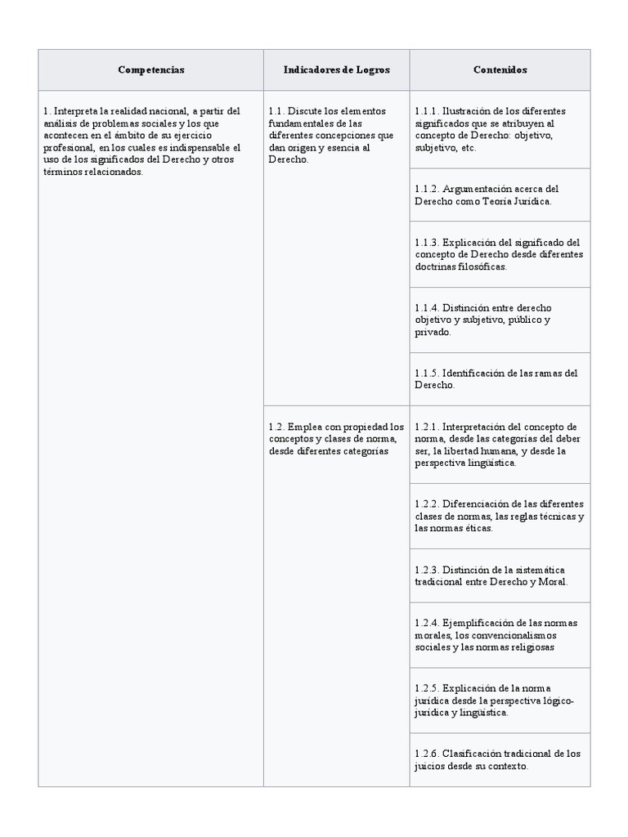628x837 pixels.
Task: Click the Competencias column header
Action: click(150, 70)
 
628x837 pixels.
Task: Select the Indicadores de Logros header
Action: click(336, 70)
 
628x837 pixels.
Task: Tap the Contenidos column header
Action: click(500, 70)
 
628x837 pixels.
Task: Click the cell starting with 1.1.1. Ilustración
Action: click(500, 129)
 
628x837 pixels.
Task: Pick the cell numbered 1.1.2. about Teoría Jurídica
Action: click(500, 195)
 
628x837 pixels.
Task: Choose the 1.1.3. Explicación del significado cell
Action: click(500, 254)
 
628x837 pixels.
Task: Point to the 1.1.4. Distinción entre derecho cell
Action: click(500, 320)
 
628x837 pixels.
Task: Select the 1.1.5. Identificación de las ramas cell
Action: click(500, 378)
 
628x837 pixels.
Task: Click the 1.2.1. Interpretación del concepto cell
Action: click(500, 444)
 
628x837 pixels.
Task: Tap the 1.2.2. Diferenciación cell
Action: click(500, 515)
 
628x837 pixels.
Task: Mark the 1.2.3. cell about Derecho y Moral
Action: click(500, 575)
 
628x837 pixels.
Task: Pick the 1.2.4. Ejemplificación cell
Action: click(500, 634)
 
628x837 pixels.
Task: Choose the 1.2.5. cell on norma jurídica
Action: click(500, 700)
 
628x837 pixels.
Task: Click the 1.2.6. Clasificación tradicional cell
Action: click(500, 759)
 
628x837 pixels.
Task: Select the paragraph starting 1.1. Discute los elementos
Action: click(331, 135)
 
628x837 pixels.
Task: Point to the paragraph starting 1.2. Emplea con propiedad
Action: click(336, 438)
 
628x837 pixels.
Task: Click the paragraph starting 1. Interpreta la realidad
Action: click(142, 141)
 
